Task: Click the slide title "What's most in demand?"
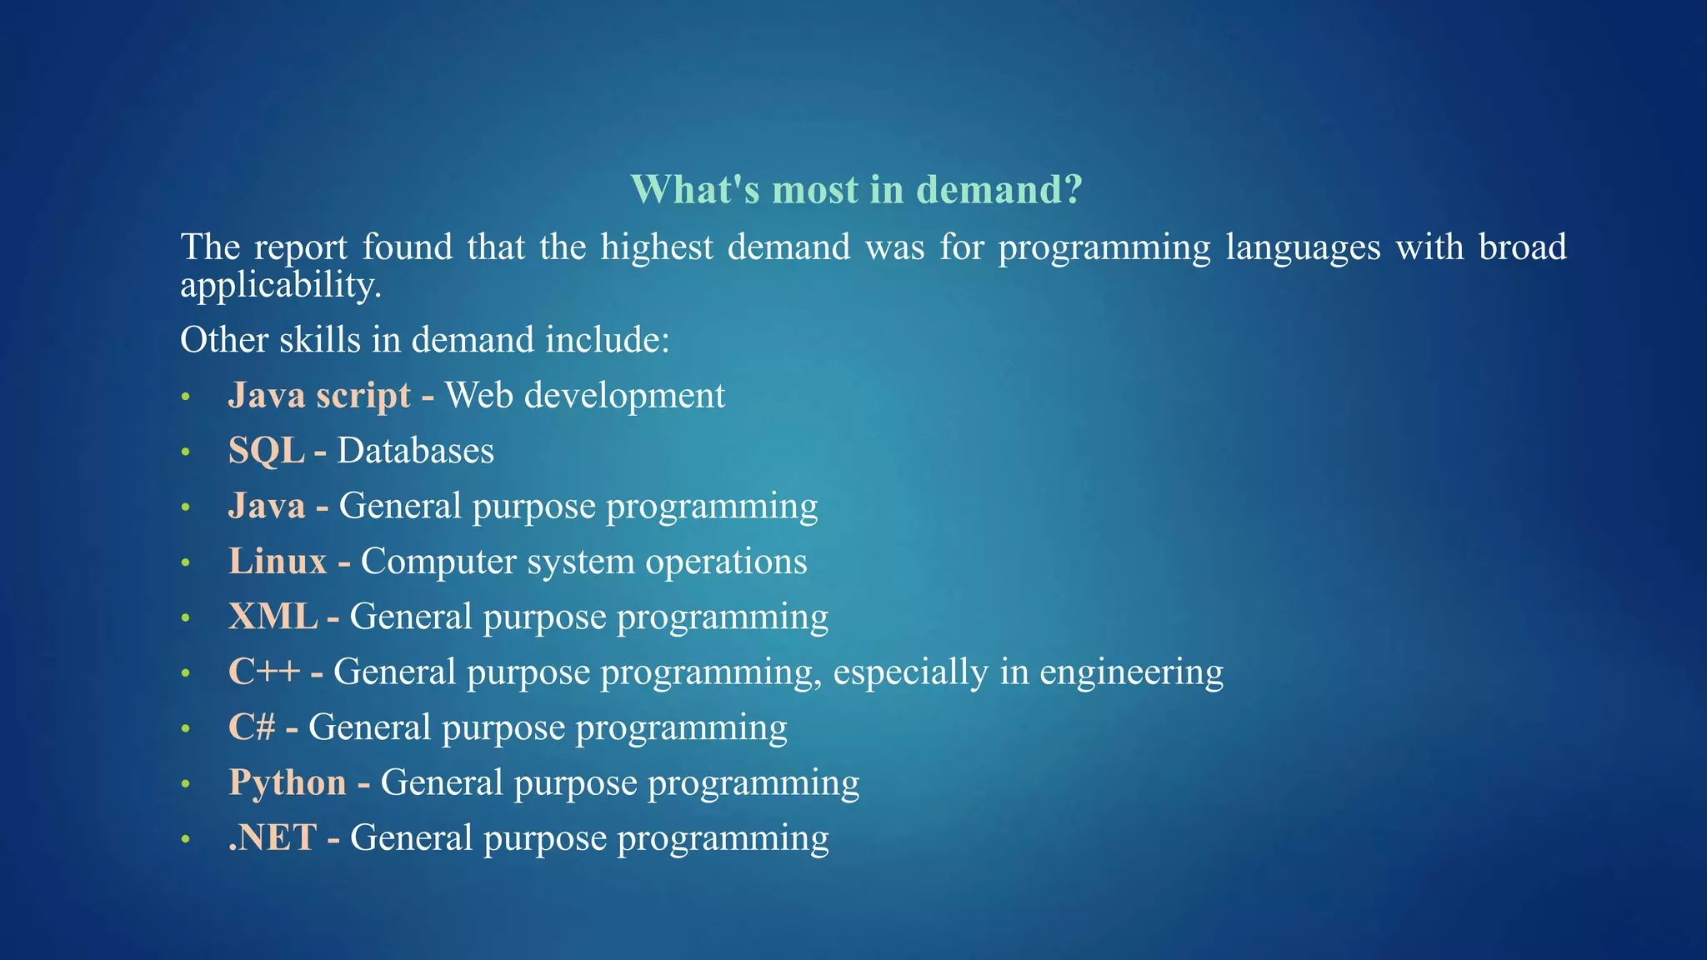[x=856, y=189]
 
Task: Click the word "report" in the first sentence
[x=300, y=247]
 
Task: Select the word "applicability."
[x=281, y=286]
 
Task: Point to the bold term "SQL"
[x=266, y=451]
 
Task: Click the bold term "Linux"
[x=278, y=562]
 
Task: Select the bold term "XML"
[x=273, y=617]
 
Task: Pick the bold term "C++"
[x=263, y=672]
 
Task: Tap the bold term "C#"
[x=252, y=727]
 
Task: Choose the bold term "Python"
[x=288, y=782]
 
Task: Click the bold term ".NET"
[x=273, y=837]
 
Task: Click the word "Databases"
[x=415, y=451]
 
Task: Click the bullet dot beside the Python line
[x=186, y=784]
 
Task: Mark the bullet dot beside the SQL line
[x=186, y=452]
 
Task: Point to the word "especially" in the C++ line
[x=910, y=672]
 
